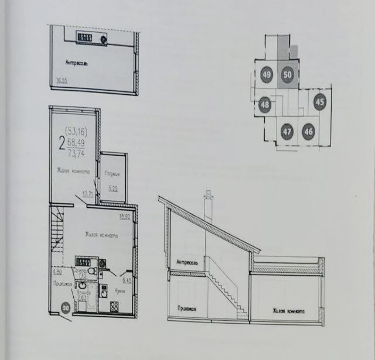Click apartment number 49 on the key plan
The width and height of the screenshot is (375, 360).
tap(267, 75)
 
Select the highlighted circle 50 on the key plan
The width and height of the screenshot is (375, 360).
tap(287, 75)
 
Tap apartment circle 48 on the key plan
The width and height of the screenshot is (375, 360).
tap(265, 105)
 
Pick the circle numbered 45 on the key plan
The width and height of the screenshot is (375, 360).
tap(319, 102)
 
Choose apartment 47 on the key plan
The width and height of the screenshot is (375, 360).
tap(287, 132)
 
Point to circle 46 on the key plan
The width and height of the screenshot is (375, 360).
tap(308, 132)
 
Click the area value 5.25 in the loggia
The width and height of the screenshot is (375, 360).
tap(113, 188)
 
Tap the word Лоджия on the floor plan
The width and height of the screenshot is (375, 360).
tap(113, 174)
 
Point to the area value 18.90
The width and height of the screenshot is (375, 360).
tap(124, 216)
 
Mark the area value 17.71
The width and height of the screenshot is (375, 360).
tap(88, 194)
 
